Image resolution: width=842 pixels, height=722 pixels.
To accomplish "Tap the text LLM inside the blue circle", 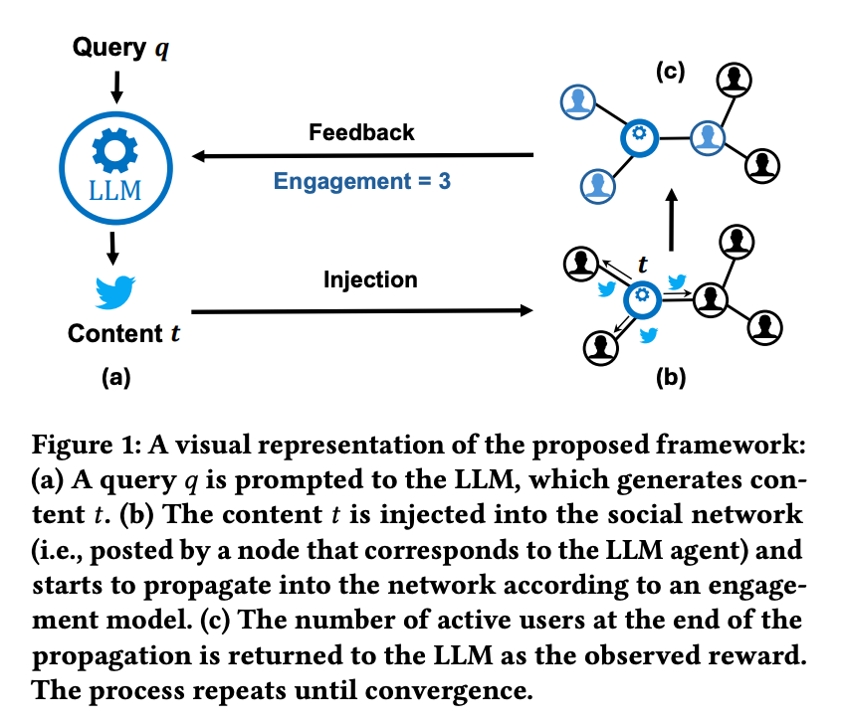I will click(x=116, y=190).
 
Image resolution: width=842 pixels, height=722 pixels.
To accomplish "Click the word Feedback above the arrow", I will click(x=361, y=132).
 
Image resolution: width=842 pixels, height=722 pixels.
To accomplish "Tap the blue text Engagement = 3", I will click(x=362, y=183).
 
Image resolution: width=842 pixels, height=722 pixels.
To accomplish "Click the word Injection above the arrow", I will click(x=370, y=279).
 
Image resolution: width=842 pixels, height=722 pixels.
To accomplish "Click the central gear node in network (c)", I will click(x=639, y=135).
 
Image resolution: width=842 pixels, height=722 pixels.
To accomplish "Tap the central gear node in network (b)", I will click(x=642, y=295).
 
